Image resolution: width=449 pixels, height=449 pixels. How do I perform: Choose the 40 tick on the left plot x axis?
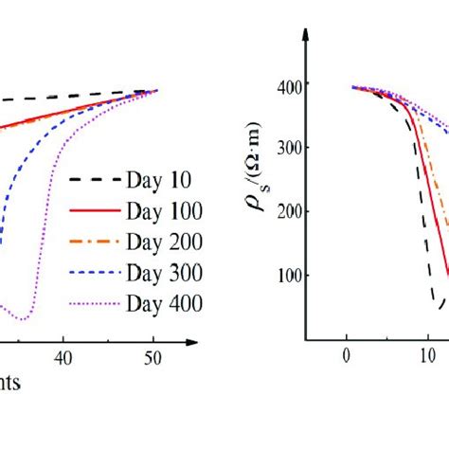(x=63, y=359)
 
